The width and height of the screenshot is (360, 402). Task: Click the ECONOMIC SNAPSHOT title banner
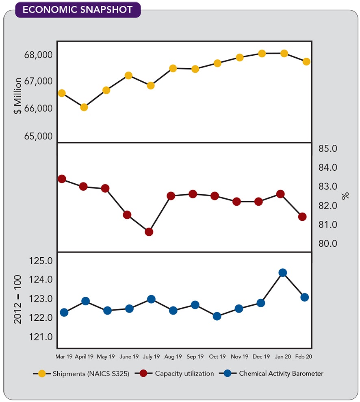(x=78, y=10)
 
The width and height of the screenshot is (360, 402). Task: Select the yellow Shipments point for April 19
(x=84, y=107)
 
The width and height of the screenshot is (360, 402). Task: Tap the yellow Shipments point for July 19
(x=150, y=85)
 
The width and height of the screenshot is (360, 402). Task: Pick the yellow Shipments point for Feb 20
(x=306, y=61)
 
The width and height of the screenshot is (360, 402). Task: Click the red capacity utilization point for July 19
(x=149, y=232)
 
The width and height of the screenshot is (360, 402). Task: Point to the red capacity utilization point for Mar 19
(x=62, y=179)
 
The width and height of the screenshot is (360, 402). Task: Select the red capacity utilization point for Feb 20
(x=302, y=217)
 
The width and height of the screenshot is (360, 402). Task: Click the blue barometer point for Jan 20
(x=283, y=272)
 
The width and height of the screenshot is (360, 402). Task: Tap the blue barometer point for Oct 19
(x=217, y=316)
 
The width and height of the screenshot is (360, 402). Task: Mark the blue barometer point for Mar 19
(x=64, y=312)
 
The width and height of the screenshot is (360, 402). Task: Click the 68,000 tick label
(x=39, y=55)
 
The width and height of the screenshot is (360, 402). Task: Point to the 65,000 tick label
(x=39, y=136)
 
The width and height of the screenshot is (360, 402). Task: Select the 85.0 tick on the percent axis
(x=328, y=148)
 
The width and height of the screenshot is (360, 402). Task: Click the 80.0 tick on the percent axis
(x=328, y=243)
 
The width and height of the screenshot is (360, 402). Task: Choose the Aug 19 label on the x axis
(x=173, y=356)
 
